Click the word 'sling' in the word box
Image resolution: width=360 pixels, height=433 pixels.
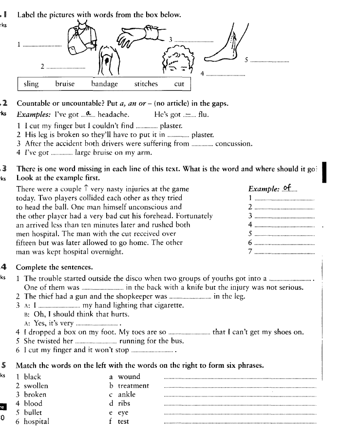click(x=31, y=84)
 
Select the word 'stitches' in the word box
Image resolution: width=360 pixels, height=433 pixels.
click(x=146, y=84)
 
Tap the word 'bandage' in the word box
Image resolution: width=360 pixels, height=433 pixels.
click(x=105, y=84)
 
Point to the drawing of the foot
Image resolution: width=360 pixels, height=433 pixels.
click(x=224, y=49)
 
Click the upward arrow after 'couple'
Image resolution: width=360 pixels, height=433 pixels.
click(x=86, y=189)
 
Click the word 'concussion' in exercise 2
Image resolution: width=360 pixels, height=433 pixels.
click(x=234, y=144)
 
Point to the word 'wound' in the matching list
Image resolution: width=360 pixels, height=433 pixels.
click(x=129, y=377)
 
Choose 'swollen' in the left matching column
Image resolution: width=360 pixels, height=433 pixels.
click(x=36, y=386)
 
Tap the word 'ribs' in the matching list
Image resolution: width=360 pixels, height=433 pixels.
click(x=124, y=403)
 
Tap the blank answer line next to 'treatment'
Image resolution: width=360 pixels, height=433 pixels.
click(x=241, y=386)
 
